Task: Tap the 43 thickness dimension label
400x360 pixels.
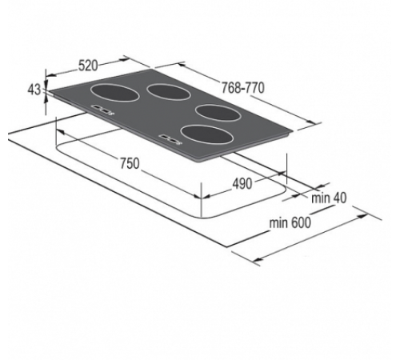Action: click(x=33, y=90)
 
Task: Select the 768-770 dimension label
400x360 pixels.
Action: click(x=243, y=86)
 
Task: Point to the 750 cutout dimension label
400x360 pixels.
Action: click(x=128, y=163)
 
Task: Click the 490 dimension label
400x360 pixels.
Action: click(x=242, y=183)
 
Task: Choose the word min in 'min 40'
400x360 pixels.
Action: click(x=322, y=198)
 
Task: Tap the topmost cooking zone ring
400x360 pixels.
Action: click(x=170, y=93)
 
